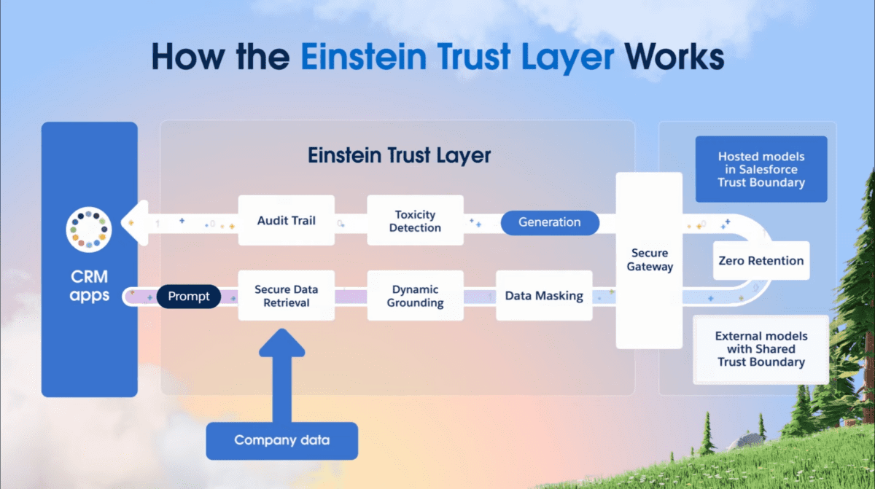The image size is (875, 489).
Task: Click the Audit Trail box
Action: (x=287, y=221)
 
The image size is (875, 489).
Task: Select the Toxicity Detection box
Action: (x=415, y=221)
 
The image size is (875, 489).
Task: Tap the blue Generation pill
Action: (x=550, y=222)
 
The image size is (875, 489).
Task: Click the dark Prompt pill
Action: (x=189, y=297)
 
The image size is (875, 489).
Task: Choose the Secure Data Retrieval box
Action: (x=287, y=296)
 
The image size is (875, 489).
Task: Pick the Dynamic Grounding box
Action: (x=415, y=296)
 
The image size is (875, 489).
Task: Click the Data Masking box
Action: (x=544, y=296)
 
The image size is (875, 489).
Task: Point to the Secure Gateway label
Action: (x=650, y=259)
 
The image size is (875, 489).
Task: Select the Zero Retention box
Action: (x=761, y=260)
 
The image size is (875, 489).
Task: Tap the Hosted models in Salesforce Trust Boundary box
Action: (x=761, y=169)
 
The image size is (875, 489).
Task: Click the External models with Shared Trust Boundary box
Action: (x=761, y=349)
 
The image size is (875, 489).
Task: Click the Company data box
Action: (x=282, y=441)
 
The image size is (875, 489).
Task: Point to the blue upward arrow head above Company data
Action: (x=282, y=343)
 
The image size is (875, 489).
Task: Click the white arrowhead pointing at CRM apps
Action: (x=135, y=223)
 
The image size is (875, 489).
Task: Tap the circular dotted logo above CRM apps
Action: (x=89, y=230)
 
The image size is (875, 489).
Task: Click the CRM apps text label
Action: (x=90, y=286)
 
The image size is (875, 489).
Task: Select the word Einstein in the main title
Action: (x=363, y=57)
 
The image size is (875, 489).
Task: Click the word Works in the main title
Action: (x=674, y=57)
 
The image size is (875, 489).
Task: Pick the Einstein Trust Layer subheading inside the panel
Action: (x=400, y=155)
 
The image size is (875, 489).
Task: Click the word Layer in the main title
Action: (x=567, y=58)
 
